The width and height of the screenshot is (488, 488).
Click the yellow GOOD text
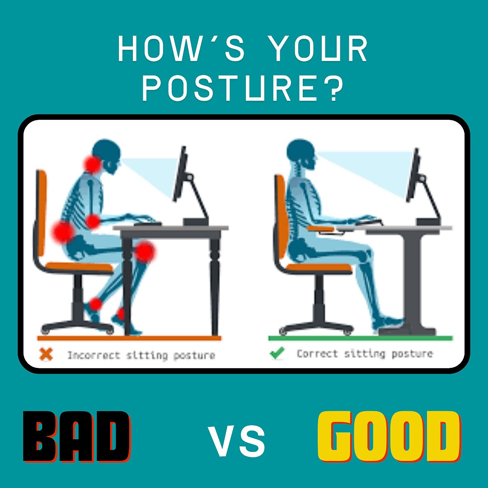coord(389,436)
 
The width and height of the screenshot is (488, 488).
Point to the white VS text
coord(236,441)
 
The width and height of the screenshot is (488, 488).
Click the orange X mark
coord(46,354)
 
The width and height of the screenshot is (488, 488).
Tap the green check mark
coord(277,353)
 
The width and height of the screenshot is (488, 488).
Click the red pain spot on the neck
coord(93,164)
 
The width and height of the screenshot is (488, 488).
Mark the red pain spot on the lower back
coord(63,231)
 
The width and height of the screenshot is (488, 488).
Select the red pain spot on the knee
coord(144,252)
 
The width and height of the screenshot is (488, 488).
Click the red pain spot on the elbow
coord(93,221)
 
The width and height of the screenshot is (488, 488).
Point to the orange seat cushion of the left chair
coord(80,267)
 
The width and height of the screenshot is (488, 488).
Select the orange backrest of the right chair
coord(281,216)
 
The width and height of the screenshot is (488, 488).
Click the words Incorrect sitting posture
coord(141,355)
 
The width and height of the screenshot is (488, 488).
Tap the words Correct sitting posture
coord(365,353)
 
